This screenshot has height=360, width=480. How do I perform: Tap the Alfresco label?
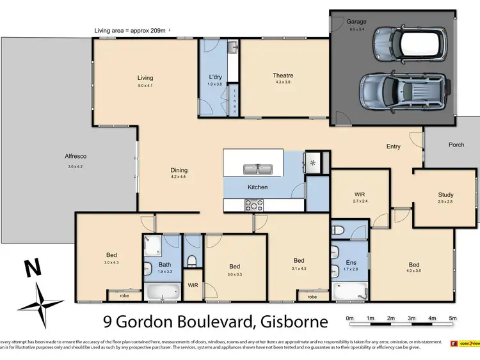tap(76, 156)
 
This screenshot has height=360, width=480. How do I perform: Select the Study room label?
tap(445, 194)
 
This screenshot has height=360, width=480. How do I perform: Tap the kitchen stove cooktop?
tap(254, 205)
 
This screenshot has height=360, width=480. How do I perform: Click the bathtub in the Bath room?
tap(163, 292)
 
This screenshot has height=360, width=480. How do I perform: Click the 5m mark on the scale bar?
tap(452, 318)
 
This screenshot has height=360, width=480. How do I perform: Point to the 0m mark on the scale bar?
tap(349, 318)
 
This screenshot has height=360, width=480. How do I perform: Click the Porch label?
tap(456, 145)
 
